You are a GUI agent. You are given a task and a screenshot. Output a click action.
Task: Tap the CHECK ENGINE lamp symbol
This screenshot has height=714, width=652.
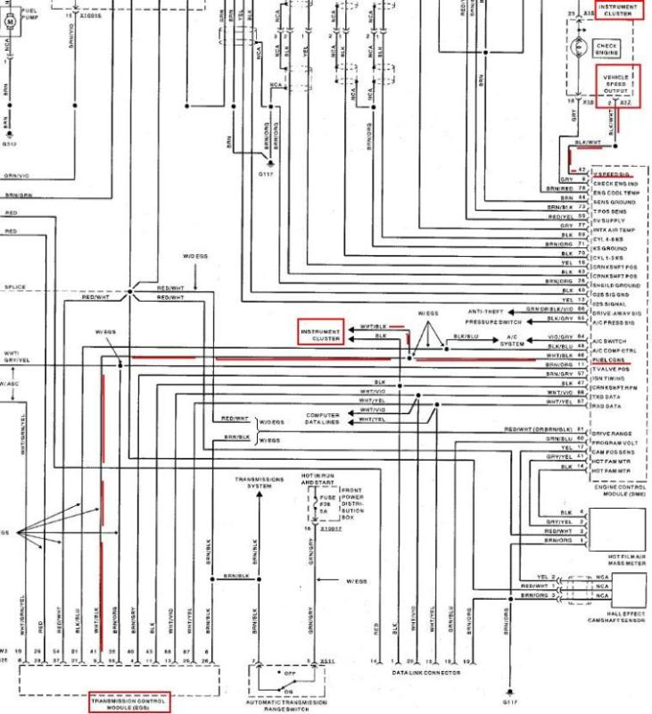pos(607,47)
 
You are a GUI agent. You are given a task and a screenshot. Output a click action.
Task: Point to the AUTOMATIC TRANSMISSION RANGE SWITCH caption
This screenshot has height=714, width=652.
pos(285,702)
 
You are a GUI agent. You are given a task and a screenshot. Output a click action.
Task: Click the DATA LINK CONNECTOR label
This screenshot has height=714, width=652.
pos(427,675)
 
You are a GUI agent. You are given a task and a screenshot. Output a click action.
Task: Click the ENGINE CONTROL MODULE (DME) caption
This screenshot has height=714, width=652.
pos(619,489)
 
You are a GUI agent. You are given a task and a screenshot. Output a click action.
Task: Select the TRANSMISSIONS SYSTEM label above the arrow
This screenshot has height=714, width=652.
pos(259,482)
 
